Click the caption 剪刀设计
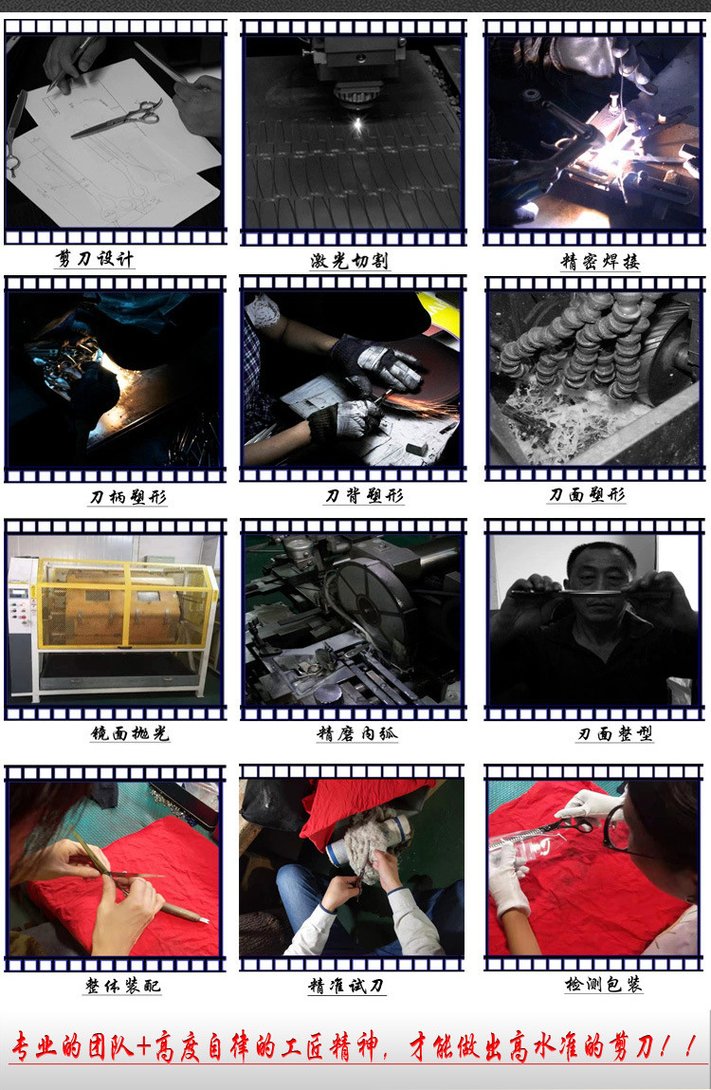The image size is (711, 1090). tap(95, 259)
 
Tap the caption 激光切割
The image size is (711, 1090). tap(350, 261)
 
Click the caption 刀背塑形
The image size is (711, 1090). tap(364, 496)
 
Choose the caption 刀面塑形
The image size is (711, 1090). tap(587, 495)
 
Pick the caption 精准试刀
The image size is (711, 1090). tap(346, 986)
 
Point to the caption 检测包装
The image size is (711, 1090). tap(603, 985)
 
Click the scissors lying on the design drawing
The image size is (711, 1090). tap(118, 119)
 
